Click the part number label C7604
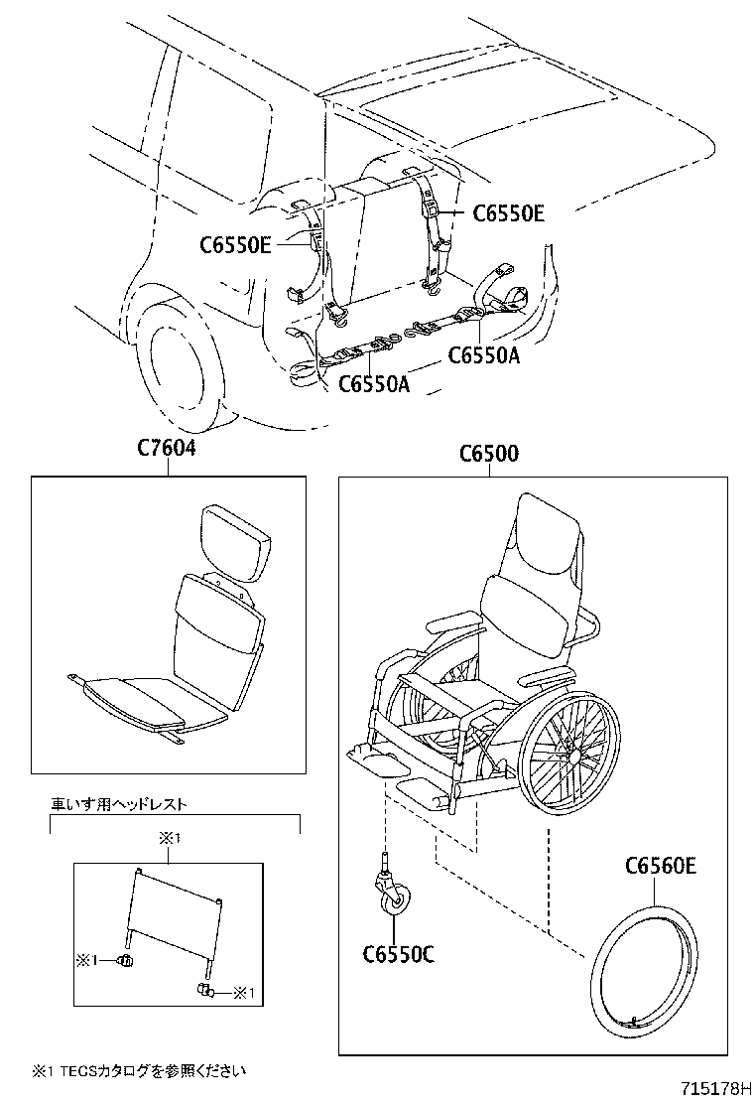[167, 450]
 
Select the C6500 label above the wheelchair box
[488, 454]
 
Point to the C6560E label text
[661, 866]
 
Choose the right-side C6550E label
[509, 212]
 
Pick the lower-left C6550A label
[374, 382]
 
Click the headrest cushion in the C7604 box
[237, 543]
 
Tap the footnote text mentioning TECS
[138, 1070]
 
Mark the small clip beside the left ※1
[126, 960]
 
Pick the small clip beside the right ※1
[203, 991]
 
